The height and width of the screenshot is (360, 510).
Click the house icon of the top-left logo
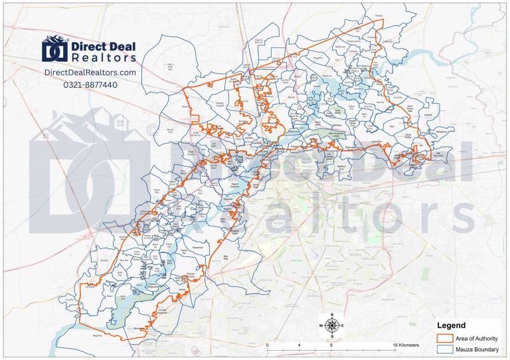[x=56, y=48]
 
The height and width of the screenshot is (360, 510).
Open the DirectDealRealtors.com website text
[x=90, y=72]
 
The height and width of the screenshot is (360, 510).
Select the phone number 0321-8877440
[x=90, y=84]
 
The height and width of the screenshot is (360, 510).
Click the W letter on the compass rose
[x=322, y=325]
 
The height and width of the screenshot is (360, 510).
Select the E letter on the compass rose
[x=342, y=325]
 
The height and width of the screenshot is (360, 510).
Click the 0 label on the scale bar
[x=268, y=345]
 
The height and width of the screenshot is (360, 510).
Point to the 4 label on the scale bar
[x=299, y=345]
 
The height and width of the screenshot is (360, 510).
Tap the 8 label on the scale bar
[x=331, y=345]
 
